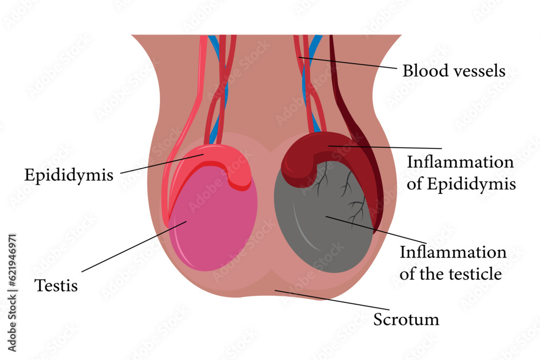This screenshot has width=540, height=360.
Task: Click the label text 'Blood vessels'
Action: point(454,71)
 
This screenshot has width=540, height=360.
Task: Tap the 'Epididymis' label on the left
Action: point(69,175)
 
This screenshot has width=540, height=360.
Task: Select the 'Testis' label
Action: point(56,285)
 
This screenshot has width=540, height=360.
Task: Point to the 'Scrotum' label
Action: point(406,320)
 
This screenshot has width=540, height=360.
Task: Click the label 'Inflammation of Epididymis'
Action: point(461,173)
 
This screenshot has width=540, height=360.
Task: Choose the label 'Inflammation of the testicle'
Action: point(453,263)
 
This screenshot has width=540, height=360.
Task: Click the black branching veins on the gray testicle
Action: point(354,208)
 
